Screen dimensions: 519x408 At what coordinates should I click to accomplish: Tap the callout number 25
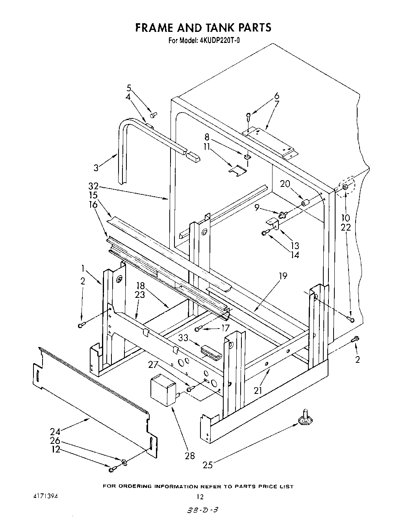tap(208, 465)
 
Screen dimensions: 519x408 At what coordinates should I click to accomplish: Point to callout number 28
tap(190, 455)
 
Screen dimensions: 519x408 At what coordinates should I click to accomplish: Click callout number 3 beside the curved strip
tap(96, 168)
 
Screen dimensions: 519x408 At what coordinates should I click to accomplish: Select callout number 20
tap(285, 184)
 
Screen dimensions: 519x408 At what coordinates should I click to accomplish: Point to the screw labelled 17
tap(198, 328)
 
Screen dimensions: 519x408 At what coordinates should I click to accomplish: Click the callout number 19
tap(282, 276)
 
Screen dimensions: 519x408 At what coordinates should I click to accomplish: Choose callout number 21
tap(258, 390)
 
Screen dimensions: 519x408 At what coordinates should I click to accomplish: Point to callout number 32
tap(93, 187)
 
